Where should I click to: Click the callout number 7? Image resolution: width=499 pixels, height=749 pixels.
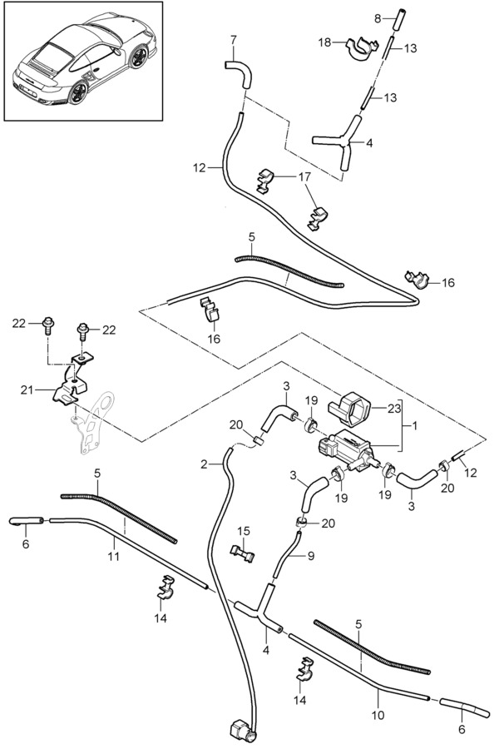coord(233,40)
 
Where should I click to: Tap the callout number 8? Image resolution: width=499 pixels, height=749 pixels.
coord(378,18)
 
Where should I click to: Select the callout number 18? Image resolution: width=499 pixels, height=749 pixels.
coord(324,42)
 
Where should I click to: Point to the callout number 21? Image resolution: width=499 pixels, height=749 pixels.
coord(27,389)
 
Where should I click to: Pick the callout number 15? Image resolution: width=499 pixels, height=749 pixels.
coord(244,531)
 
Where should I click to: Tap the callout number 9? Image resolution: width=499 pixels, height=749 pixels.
coord(311,556)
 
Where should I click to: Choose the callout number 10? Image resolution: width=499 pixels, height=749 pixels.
coord(378,715)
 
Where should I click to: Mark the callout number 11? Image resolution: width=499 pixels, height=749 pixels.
coord(114,557)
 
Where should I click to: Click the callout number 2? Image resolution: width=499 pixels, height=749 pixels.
coord(205,464)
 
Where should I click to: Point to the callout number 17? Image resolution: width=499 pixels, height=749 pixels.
coord(304,176)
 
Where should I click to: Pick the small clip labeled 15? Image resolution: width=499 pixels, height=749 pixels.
coord(242,553)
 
